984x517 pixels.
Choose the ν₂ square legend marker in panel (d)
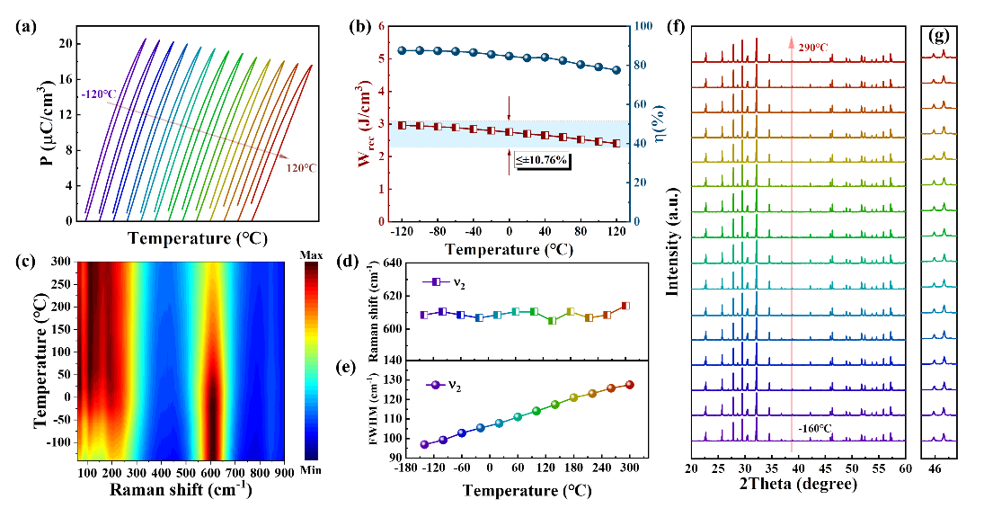click(x=434, y=281)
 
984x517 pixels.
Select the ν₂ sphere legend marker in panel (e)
click(x=434, y=386)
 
